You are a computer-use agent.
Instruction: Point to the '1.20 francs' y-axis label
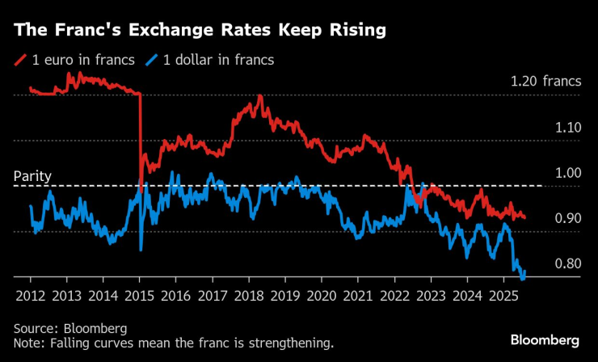pos(545,82)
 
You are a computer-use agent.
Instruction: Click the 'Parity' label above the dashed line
pos(33,175)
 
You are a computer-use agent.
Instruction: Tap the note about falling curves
pos(173,343)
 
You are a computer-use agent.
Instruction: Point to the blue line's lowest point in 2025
pos(521,279)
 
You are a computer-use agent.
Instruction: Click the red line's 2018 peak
pos(259,96)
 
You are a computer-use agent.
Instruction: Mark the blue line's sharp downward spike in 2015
pos(141,249)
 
